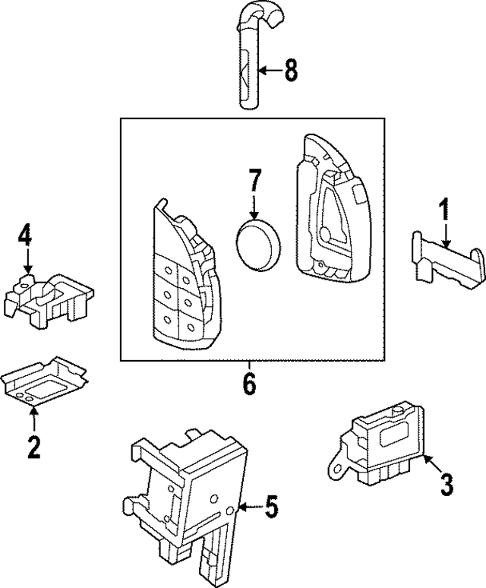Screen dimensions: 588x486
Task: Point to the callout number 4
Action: pyautogui.click(x=26, y=236)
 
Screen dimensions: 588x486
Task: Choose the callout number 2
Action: pyautogui.click(x=33, y=447)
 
